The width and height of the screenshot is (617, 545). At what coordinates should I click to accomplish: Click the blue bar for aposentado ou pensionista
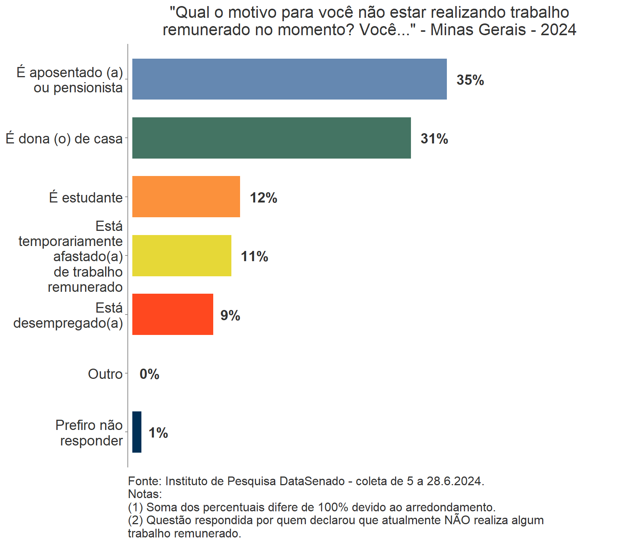pos(289,79)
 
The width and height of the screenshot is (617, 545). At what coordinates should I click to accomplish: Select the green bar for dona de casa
pos(271,138)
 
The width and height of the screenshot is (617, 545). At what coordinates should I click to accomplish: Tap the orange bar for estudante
pos(186,197)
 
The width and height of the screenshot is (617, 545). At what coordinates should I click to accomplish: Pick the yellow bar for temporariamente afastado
pos(181,255)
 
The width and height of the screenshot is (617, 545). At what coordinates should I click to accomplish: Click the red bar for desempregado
pos(172,314)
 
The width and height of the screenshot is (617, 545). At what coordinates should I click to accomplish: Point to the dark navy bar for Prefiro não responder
pos(137,432)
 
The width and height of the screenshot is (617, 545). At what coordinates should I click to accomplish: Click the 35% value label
pos(470,80)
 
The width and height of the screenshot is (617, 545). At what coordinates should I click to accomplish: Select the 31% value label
pos(434,139)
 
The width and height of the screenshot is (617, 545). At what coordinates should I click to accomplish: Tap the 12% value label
pos(263,198)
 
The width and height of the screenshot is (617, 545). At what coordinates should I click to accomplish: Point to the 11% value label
pos(254,257)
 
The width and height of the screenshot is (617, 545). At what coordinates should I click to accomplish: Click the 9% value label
pos(230,315)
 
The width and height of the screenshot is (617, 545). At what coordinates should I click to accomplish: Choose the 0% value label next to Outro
pos(149,374)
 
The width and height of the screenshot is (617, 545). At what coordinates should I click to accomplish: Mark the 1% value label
pos(158,433)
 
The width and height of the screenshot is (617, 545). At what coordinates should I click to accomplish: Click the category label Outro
pos(105,374)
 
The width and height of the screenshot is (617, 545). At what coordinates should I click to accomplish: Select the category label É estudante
pos(86,198)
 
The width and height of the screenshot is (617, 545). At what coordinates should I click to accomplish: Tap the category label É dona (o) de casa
pos(64,139)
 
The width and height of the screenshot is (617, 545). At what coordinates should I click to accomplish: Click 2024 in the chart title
pos(558,30)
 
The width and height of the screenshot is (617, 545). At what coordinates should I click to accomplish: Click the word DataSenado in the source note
pos(312,481)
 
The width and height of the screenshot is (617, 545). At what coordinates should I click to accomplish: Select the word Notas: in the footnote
pos(145,494)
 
